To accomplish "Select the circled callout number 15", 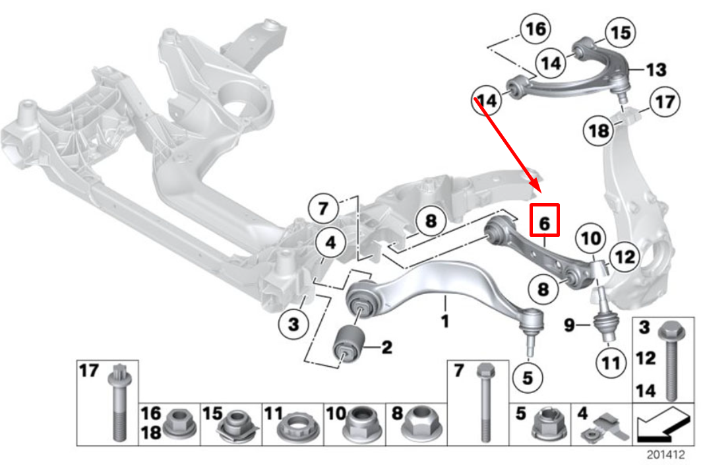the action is click(x=619, y=32).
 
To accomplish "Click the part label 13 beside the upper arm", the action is click(x=656, y=69).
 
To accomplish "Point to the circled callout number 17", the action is click(x=663, y=103).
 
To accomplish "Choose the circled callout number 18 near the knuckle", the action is click(x=599, y=131).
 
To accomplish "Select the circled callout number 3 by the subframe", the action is click(x=293, y=324).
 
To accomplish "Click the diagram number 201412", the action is click(x=665, y=455).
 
